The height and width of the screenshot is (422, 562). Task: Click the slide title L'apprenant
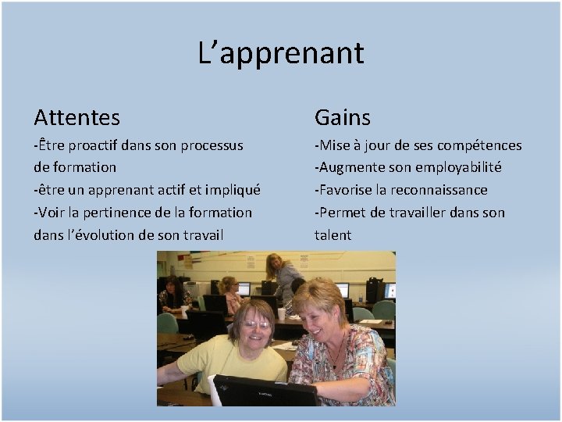[281, 53]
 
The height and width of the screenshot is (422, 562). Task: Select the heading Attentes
[76, 118]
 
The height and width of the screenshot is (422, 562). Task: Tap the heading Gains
[342, 118]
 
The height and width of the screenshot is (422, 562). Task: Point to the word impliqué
[233, 190]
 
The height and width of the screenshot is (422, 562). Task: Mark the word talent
[333, 234]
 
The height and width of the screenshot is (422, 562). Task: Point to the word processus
[212, 145]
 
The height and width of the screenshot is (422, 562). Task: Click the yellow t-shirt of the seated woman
[226, 364]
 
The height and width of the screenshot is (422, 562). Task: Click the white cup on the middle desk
[281, 313]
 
